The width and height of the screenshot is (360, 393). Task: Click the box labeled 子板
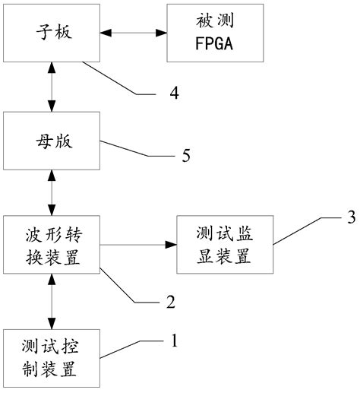point(51,33)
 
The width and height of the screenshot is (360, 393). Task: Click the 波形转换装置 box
point(51,246)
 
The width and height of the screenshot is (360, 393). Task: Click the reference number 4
point(173,94)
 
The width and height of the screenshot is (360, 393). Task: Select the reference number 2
point(171,302)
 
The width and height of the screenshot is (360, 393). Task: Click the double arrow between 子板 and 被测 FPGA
point(132,33)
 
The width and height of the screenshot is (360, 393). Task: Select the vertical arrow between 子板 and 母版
point(51,87)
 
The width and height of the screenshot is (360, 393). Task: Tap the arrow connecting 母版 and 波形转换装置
point(51,192)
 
